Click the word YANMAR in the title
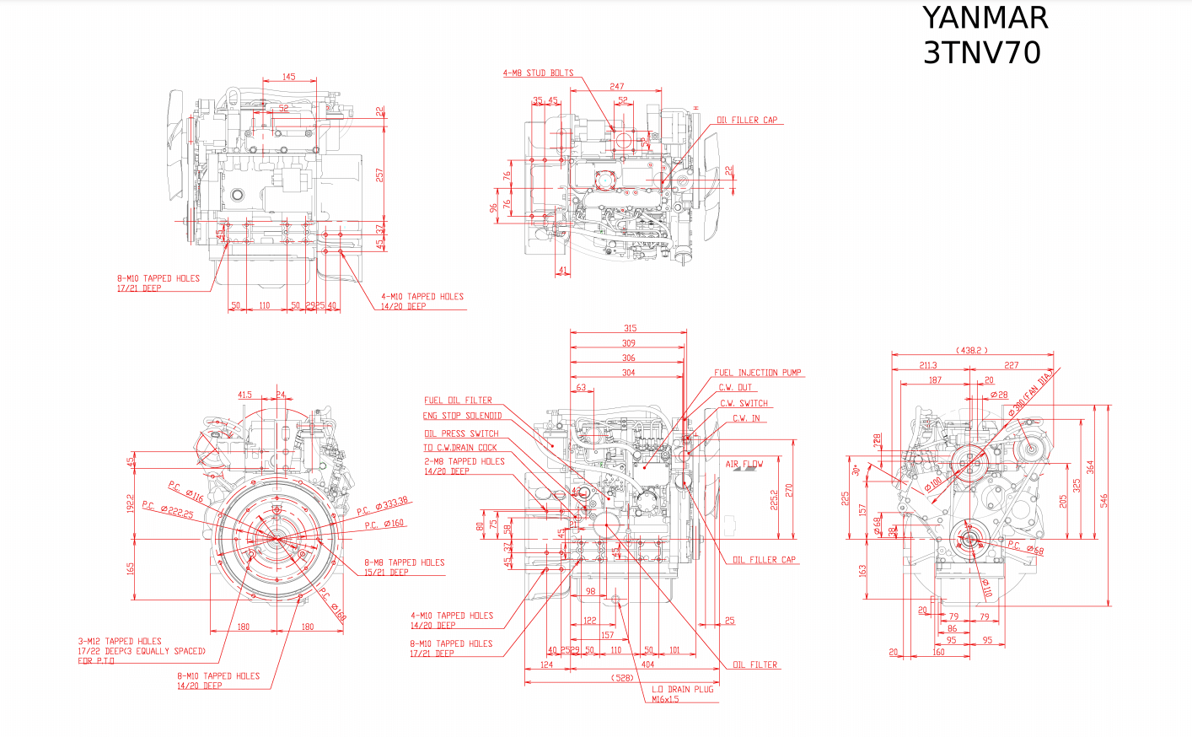point(985,18)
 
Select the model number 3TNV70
point(982,52)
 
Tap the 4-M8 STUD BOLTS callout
point(538,73)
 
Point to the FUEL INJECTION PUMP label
point(757,373)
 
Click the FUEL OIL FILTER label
point(458,401)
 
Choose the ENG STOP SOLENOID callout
point(462,416)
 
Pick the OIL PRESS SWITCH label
point(461,433)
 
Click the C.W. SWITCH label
point(744,403)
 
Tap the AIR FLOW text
point(744,464)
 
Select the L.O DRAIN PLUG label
point(682,689)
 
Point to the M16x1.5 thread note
point(665,699)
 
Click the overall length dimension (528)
point(622,678)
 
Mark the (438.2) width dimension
point(971,350)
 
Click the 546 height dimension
point(1104,501)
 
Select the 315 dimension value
point(630,328)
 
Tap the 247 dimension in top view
point(617,86)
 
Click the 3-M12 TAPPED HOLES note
point(120,641)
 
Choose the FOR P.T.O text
point(96,661)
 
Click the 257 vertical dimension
point(379,175)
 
